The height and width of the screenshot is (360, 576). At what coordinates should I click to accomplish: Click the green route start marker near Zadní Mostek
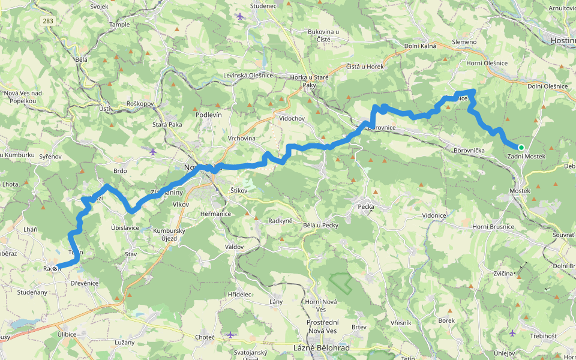click(x=521, y=147)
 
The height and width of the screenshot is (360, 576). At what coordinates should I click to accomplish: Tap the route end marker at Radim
click(x=55, y=269)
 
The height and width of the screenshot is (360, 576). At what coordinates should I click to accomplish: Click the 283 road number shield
click(x=47, y=21)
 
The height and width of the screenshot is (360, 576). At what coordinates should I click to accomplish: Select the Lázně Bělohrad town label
click(x=320, y=347)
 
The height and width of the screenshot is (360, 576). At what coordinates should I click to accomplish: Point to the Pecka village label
click(x=365, y=207)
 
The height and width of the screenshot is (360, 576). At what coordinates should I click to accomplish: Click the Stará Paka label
click(x=167, y=124)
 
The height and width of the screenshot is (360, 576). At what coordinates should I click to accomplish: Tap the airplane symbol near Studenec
click(x=241, y=16)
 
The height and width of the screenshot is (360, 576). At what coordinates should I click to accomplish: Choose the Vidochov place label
click(x=292, y=118)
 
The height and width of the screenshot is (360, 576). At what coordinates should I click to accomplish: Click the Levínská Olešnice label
click(x=248, y=75)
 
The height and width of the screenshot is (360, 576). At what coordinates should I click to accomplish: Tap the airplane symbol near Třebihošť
click(x=512, y=332)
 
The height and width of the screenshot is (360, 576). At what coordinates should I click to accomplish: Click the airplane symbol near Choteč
click(x=231, y=334)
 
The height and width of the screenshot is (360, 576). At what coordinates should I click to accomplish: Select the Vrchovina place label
click(x=242, y=139)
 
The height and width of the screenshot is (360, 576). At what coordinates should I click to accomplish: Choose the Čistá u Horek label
click(x=364, y=67)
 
